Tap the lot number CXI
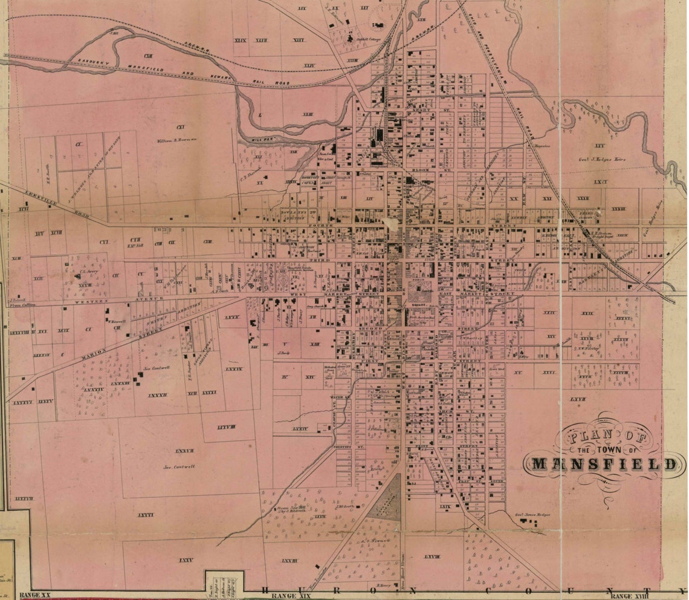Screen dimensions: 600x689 (179, 127)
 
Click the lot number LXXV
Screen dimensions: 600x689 (186, 561)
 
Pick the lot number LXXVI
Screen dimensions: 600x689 (145, 515)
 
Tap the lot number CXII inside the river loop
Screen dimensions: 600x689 (147, 55)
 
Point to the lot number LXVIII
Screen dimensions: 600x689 (432, 555)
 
